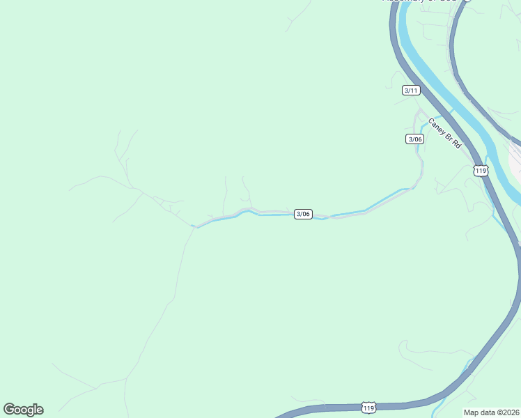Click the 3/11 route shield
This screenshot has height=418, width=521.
pyautogui.click(x=412, y=90)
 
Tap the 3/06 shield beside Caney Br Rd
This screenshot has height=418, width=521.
pyautogui.click(x=414, y=139)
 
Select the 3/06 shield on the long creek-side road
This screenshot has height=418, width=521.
pyautogui.click(x=303, y=214)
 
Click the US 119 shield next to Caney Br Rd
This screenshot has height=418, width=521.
pyautogui.click(x=481, y=171)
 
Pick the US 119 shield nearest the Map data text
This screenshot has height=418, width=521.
pyautogui.click(x=368, y=407)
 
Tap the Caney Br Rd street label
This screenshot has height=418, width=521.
pyautogui.click(x=444, y=132)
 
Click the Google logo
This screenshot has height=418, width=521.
pyautogui.click(x=23, y=409)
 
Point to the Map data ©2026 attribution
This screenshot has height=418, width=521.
pyautogui.click(x=492, y=412)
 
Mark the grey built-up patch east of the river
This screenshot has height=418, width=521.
pyautogui.click(x=516, y=160)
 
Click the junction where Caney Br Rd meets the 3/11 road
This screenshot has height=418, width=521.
pyautogui.click(x=419, y=111)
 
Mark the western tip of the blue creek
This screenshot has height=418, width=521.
pyautogui.click(x=192, y=226)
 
